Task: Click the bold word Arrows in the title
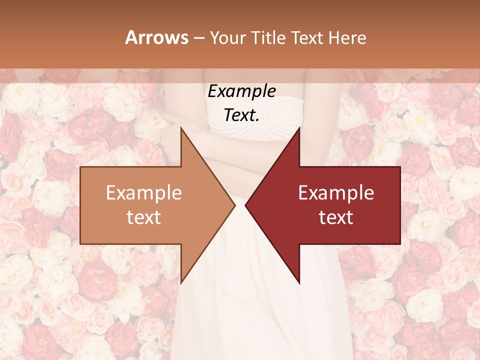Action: (157, 37)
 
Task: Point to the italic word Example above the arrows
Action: (241, 91)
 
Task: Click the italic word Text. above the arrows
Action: (241, 115)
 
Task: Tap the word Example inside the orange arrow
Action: (144, 192)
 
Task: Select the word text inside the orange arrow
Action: (144, 217)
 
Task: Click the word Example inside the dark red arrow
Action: (336, 192)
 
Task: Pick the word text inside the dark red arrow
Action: (336, 217)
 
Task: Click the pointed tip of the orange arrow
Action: (234, 205)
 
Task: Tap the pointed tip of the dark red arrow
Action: (245, 205)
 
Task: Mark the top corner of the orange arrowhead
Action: (181, 128)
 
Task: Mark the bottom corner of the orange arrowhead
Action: (181, 283)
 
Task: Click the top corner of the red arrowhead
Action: (299, 128)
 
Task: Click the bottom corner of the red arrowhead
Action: (299, 283)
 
